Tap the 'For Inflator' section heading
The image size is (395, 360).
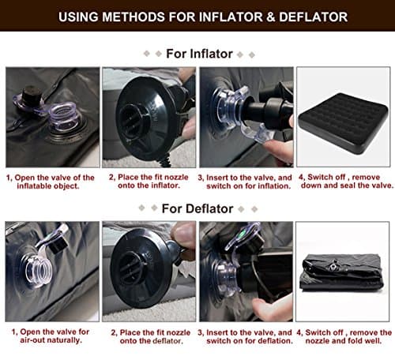[x=198, y=54]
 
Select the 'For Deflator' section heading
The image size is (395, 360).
[x=198, y=208]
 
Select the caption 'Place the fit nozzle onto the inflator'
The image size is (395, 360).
[x=148, y=182]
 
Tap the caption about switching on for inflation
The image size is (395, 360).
[x=245, y=182]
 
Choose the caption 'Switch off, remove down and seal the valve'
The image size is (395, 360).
[x=341, y=182]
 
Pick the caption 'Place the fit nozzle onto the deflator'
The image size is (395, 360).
[x=148, y=336]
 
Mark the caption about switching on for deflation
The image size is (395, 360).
[x=245, y=336]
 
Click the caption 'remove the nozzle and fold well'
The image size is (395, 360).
[x=341, y=336]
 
